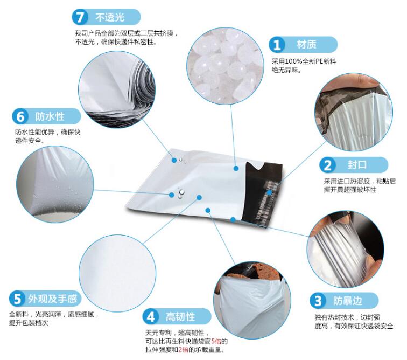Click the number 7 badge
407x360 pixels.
click(x=80, y=17)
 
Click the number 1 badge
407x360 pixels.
click(x=277, y=44)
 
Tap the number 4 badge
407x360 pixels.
click(x=151, y=316)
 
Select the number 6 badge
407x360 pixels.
click(x=20, y=116)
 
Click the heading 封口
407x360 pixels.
click(x=357, y=165)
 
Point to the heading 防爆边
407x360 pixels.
click(x=347, y=301)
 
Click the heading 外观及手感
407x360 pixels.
click(x=53, y=299)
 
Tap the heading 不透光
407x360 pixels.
click(x=110, y=17)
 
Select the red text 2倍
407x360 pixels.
click(x=183, y=350)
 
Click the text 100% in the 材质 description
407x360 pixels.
click(x=293, y=61)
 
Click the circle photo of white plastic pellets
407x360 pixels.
click(x=225, y=66)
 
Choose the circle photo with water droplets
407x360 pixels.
click(x=55, y=184)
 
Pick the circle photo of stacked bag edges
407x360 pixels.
click(x=117, y=89)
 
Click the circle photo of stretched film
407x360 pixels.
click(x=345, y=250)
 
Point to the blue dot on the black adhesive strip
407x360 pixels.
click(x=270, y=192)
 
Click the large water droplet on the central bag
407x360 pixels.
click(x=182, y=192)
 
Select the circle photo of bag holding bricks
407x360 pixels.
click(x=252, y=301)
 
